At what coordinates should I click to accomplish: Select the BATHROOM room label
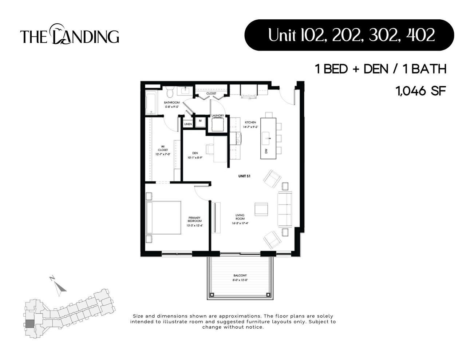[171, 103]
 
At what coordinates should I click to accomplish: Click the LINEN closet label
[188, 124]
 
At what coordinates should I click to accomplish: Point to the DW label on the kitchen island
[266, 150]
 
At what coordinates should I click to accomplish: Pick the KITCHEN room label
[250, 122]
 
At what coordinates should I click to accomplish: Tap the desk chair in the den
[210, 149]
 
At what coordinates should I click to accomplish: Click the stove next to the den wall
[237, 138]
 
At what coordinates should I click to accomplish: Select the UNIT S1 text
[244, 176]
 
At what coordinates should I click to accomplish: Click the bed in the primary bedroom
[163, 218]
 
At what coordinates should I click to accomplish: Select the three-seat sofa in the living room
[285, 209]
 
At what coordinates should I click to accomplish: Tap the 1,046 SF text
[421, 91]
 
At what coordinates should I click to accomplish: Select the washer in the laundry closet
[218, 125]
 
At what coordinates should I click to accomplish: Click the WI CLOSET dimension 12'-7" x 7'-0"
[163, 154]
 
